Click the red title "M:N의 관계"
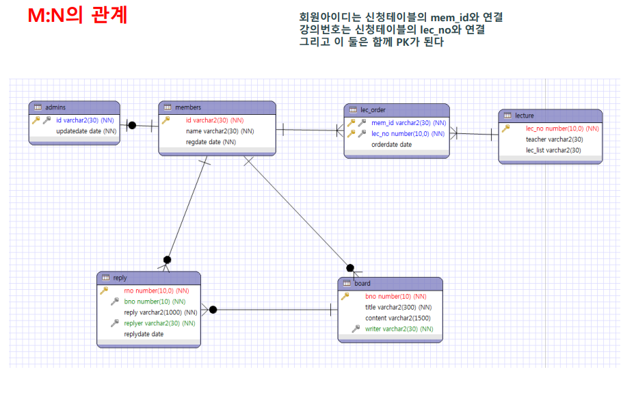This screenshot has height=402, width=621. click(x=77, y=16)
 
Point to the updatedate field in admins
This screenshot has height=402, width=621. click(x=86, y=131)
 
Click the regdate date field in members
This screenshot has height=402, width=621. click(x=211, y=142)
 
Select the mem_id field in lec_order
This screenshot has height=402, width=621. click(x=408, y=123)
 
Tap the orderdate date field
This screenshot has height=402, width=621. click(x=391, y=144)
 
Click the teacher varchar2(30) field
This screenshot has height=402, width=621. click(x=554, y=139)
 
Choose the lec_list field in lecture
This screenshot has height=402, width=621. click(x=553, y=150)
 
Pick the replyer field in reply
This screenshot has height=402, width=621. click(x=159, y=323)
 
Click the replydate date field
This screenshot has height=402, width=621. click(x=144, y=334)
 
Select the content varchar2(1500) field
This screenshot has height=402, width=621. click(x=397, y=318)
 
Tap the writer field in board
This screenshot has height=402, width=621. click(x=399, y=329)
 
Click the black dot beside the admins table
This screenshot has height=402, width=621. click(x=133, y=125)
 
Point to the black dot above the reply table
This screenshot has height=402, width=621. click(x=167, y=260)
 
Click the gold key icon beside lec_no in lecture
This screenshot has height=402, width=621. click(x=506, y=128)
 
